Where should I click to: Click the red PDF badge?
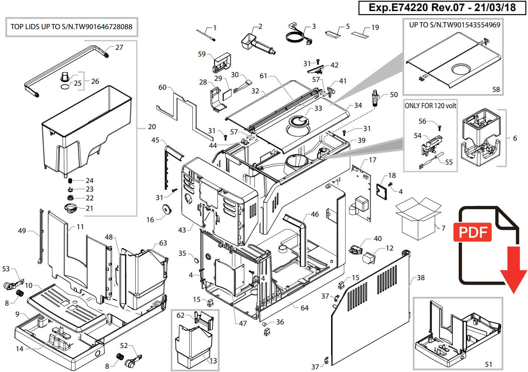(472, 232)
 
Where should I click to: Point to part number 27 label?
(119, 47)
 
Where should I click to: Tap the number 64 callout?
(305, 308)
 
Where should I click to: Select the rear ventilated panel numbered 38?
(372, 310)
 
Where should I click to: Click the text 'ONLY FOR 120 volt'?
(430, 106)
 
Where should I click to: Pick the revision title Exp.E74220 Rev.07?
(442, 8)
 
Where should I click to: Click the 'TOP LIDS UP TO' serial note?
(72, 27)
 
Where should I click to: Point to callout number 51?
(489, 364)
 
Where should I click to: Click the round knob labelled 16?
(167, 210)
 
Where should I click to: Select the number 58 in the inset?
(496, 89)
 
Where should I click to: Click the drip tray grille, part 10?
(63, 304)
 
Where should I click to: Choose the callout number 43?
(182, 230)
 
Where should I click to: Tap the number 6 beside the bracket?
(515, 138)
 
